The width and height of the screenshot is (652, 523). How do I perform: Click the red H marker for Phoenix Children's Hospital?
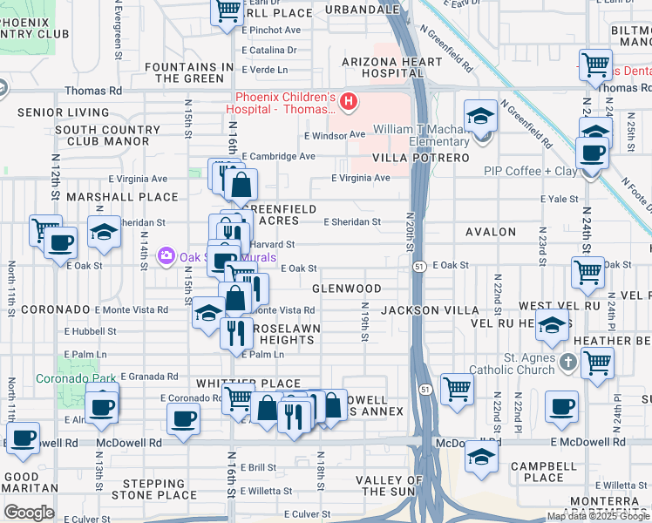[349, 103]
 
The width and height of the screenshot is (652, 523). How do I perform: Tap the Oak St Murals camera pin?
[166, 256]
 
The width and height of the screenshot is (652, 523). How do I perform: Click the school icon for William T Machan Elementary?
[479, 118]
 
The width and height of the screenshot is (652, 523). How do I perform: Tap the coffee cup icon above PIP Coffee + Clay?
[594, 153]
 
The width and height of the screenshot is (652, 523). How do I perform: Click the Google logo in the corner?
[29, 513]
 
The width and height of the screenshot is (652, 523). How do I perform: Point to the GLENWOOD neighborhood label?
[346, 289]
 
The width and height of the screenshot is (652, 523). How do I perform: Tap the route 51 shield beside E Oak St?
[419, 266]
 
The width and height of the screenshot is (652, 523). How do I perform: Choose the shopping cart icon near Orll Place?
[227, 11]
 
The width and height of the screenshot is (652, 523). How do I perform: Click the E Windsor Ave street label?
[335, 135]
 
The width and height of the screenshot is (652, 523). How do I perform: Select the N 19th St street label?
[364, 319]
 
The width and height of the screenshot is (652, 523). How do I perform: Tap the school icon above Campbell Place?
[480, 458]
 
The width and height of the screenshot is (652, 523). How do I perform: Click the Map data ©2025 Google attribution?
[599, 516]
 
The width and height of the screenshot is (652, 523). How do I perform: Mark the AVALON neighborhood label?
[491, 233]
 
